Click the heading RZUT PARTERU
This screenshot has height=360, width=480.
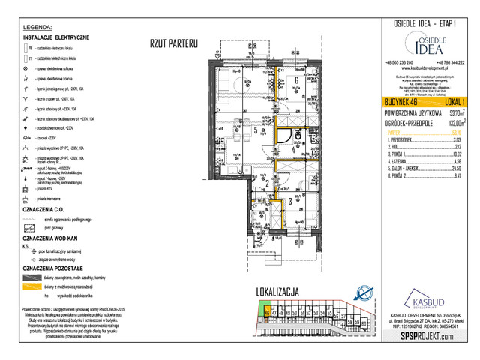(x=172, y=44)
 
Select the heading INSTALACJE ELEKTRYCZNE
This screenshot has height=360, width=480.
(x=56, y=37)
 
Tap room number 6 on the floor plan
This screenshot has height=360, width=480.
(x=298, y=81)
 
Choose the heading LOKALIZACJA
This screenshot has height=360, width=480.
(x=278, y=290)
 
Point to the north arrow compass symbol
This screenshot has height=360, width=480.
(x=361, y=293)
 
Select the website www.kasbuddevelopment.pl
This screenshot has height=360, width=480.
(x=424, y=68)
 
